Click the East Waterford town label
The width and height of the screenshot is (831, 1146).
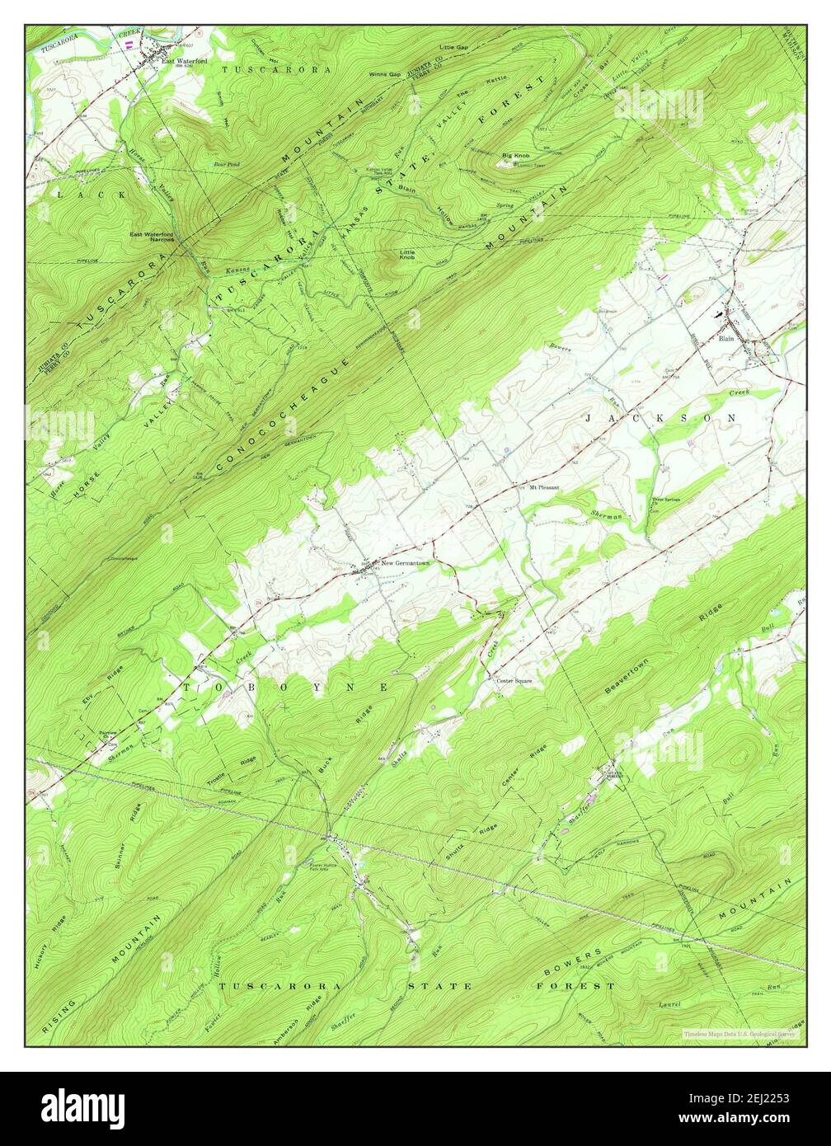[184, 60]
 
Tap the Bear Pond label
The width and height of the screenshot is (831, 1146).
[226, 164]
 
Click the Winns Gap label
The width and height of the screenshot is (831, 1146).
[384, 74]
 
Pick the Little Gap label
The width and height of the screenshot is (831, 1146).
[453, 47]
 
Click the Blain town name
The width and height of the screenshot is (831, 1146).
[725, 338]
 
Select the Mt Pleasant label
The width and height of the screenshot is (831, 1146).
[538, 487]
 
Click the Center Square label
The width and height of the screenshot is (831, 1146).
[514, 681]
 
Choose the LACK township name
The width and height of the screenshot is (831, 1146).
[92, 195]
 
